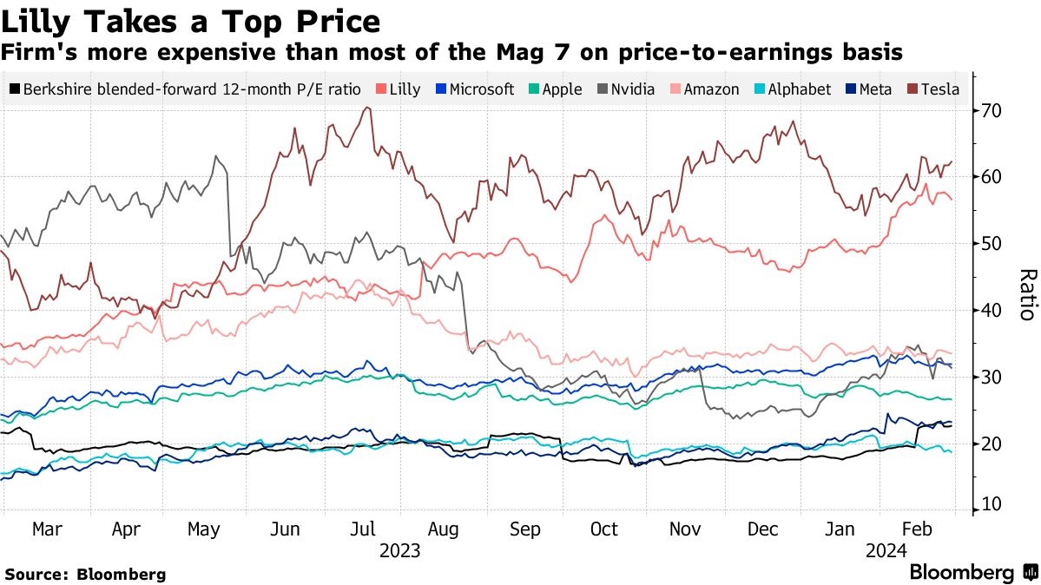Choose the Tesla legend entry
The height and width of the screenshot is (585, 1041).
click(940, 89)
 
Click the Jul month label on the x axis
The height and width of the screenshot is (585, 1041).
click(364, 529)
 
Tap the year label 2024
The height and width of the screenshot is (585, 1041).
click(886, 551)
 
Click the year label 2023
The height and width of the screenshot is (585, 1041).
click(400, 551)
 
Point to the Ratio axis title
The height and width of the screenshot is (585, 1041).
click(1027, 295)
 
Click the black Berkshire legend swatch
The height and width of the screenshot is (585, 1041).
click(15, 89)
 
